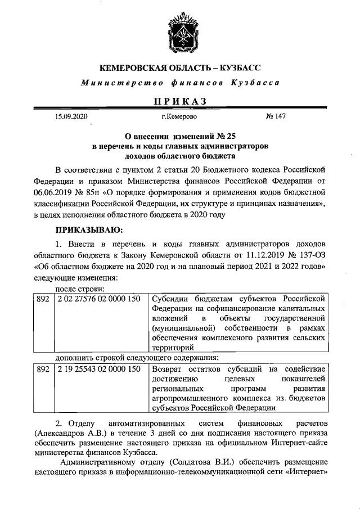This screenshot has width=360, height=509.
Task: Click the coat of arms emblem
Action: (180, 34)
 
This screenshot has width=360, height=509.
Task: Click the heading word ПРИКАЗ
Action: (180, 101)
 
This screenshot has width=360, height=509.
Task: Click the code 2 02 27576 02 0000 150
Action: (98, 299)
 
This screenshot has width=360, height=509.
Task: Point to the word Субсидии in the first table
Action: (171, 299)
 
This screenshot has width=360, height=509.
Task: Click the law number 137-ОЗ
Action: (307, 258)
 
